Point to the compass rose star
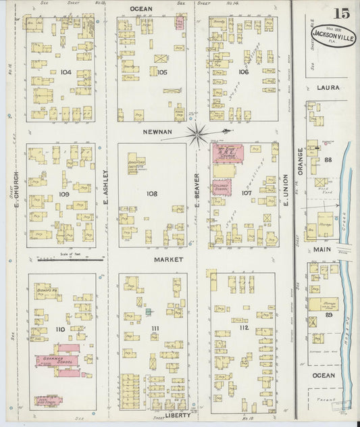pyautogui.click(x=198, y=134)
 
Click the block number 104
pyautogui.click(x=65, y=71)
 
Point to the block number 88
pyautogui.click(x=329, y=160)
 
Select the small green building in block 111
pyautogui.click(x=148, y=311)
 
